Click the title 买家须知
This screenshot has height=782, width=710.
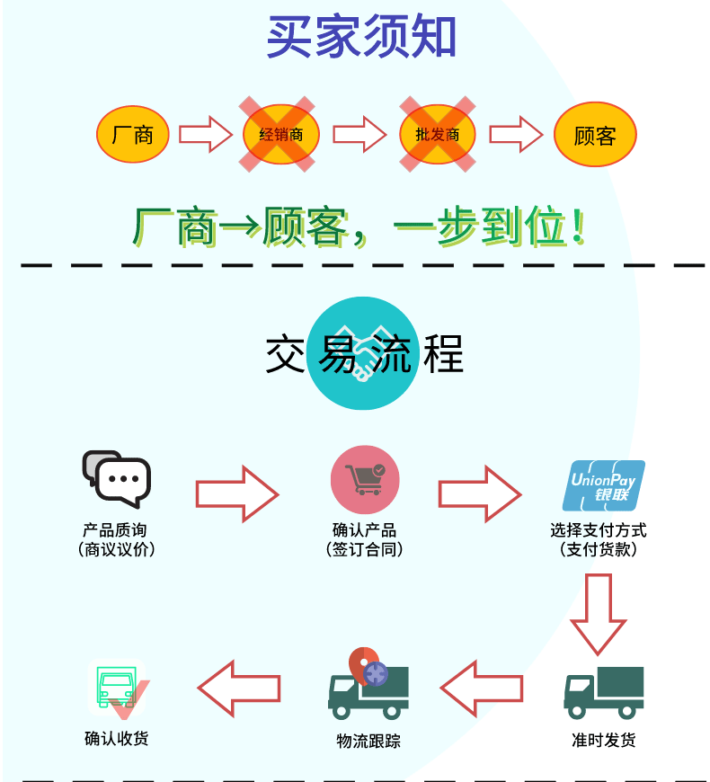click(361, 38)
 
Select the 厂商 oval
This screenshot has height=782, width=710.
click(133, 135)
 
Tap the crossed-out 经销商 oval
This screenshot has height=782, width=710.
click(280, 135)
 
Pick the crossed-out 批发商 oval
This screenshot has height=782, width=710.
click(437, 135)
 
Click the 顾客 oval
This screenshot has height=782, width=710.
click(594, 135)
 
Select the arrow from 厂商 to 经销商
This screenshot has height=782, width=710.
click(206, 135)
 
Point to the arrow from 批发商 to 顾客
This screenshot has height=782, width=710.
click(516, 135)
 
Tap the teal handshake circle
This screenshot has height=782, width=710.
click(363, 354)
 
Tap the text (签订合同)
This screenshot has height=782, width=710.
click(364, 549)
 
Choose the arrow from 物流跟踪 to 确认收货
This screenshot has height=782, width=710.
click(239, 689)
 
